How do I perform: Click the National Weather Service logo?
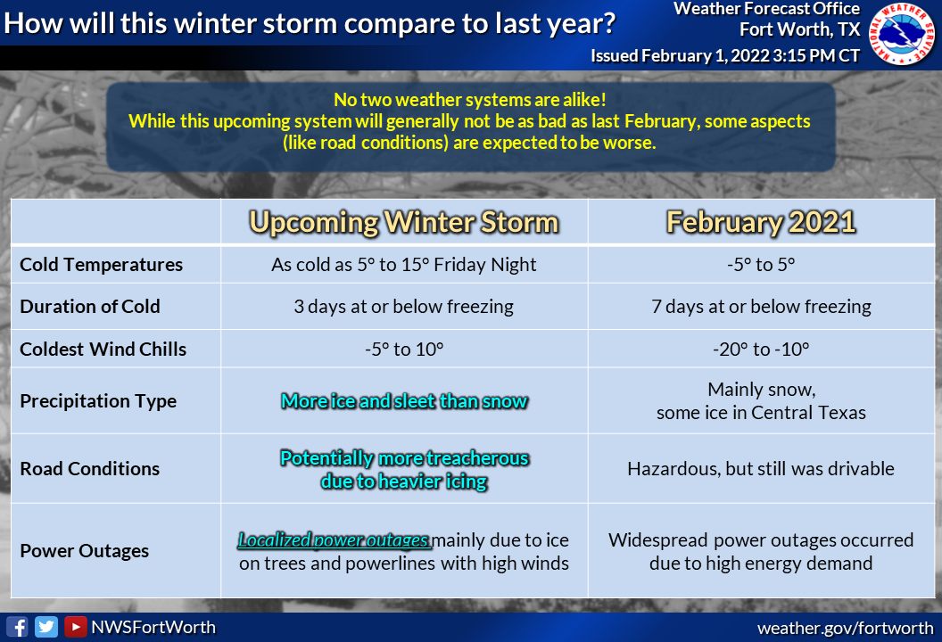[902, 33]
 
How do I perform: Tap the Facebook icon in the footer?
[18, 627]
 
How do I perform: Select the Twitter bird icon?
[46, 627]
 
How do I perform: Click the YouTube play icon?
[75, 627]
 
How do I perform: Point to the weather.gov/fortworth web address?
[846, 629]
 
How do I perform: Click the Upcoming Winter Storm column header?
[404, 222]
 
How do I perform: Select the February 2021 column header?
[761, 222]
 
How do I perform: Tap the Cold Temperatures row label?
[101, 265]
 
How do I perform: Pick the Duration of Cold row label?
[90, 306]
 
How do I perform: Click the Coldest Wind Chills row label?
[103, 349]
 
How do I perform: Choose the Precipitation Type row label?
[98, 400]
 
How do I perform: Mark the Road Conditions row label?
[90, 468]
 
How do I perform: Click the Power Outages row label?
[84, 551]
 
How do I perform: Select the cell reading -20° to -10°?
[761, 349]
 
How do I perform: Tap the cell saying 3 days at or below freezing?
[404, 306]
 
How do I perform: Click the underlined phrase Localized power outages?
[334, 540]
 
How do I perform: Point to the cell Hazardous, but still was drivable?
[761, 468]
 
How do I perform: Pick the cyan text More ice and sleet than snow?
[404, 400]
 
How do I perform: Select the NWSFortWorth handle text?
[153, 627]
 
